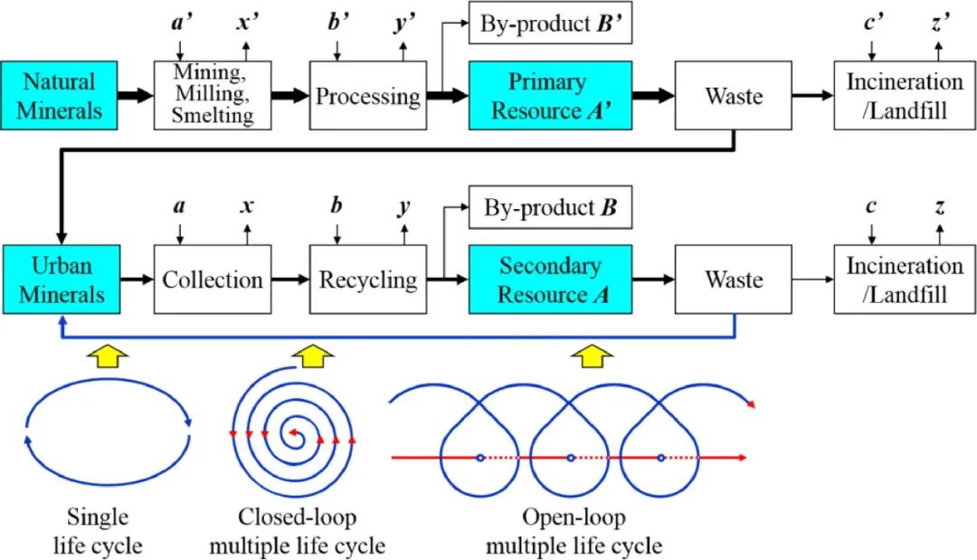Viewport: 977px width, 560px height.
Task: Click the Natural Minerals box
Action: point(60,96)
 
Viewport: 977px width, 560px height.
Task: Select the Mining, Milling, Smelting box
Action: point(213,96)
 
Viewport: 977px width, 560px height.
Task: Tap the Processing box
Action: point(367,96)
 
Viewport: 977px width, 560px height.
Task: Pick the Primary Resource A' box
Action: point(546,96)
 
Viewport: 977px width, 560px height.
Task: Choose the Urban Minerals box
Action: point(60,280)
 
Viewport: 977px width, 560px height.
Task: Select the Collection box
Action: point(213,280)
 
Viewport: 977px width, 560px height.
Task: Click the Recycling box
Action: point(367,280)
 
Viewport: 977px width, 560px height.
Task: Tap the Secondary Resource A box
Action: point(546,280)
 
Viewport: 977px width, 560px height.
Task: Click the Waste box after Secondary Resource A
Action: point(734,280)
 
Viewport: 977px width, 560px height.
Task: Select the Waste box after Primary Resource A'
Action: point(734,96)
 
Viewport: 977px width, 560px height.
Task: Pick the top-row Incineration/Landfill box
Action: point(904,96)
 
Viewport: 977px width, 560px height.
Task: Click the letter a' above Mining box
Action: point(180,21)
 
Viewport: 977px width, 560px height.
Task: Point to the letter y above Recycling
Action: point(404,206)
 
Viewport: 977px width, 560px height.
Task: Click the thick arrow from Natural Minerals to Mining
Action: point(136,96)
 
